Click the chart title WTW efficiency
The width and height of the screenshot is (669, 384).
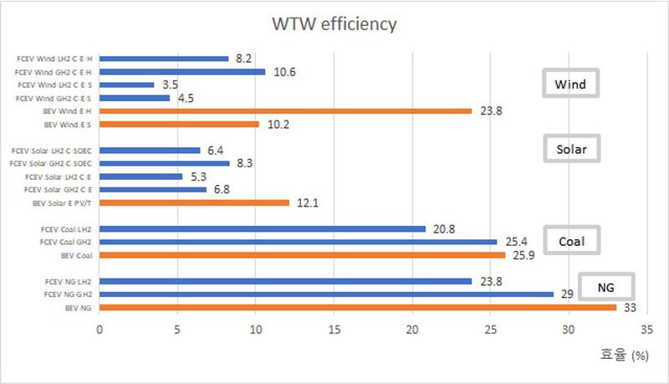334,23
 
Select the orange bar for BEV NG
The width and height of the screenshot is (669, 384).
357,308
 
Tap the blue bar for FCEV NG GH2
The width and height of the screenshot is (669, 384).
326,294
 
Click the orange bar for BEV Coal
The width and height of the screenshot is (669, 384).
302,255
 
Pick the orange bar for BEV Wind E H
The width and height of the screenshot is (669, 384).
285,110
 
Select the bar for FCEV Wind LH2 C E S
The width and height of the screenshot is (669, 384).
127,84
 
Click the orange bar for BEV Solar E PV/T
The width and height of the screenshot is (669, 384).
194,202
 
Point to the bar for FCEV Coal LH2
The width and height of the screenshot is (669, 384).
263,228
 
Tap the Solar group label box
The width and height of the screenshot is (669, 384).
570,150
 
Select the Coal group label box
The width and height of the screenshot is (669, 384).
571,242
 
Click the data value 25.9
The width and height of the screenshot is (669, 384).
524,255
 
